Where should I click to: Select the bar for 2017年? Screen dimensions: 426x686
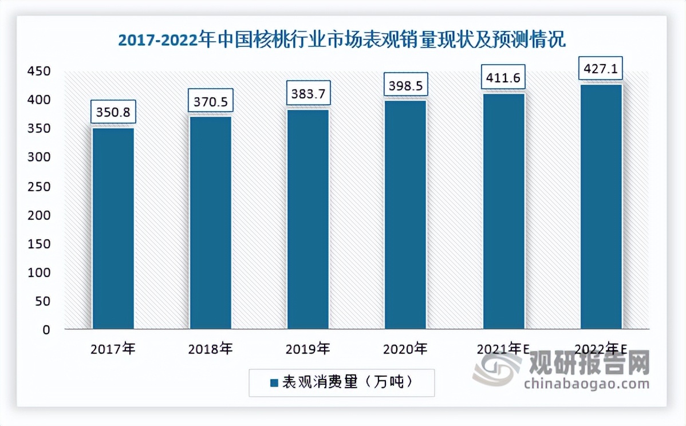coord(113,228)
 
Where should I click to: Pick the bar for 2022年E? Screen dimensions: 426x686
coord(601,207)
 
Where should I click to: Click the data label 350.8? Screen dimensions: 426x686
coord(113,112)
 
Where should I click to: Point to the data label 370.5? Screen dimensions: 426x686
coord(211,101)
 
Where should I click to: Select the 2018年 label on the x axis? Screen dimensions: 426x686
coord(210,349)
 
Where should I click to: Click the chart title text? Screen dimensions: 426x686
coord(341,41)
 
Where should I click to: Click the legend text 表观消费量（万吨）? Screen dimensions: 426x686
coord(346,382)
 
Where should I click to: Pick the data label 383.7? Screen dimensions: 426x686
coord(308,93)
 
